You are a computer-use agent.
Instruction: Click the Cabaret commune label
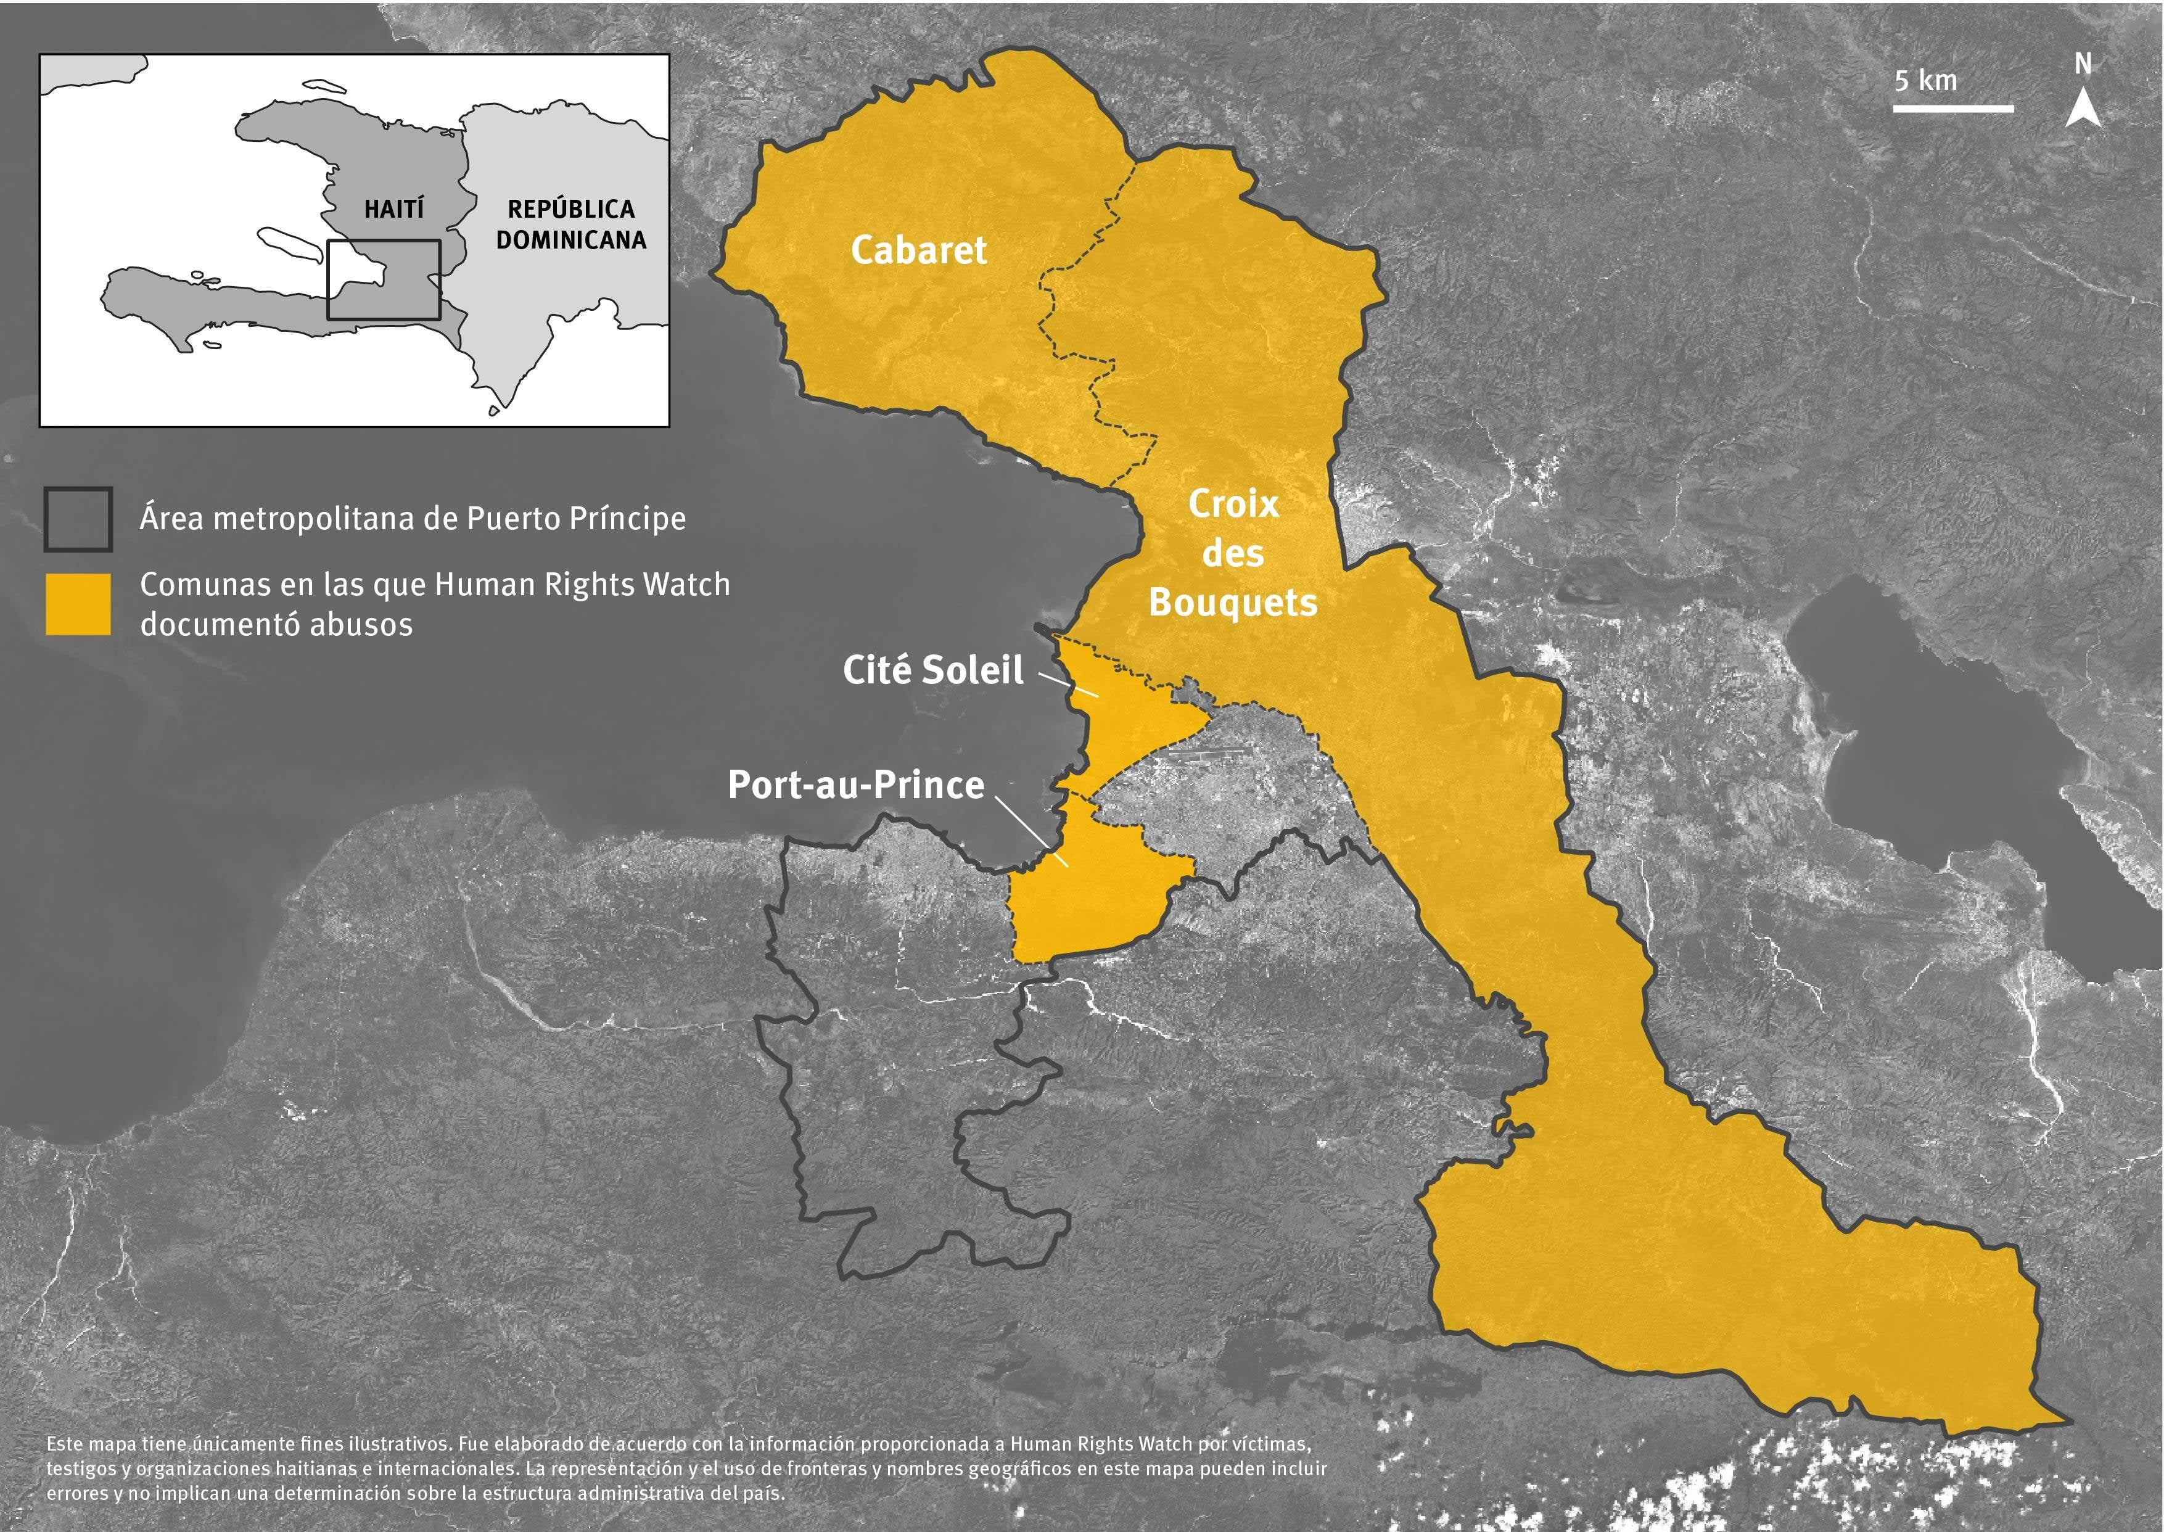coord(918,250)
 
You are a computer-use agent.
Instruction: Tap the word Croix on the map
coord(1233,504)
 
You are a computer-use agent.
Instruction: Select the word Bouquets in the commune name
coord(1233,603)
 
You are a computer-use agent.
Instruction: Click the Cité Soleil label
coord(932,670)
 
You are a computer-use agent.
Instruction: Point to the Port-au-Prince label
coord(855,785)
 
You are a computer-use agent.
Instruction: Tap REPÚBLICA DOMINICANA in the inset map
coord(570,224)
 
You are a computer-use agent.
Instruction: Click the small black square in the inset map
coord(383,279)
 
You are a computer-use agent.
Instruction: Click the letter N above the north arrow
coord(2083,64)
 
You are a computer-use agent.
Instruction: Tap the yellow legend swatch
coord(78,604)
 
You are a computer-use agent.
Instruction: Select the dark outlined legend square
coord(78,519)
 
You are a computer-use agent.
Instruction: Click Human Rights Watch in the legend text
coord(582,585)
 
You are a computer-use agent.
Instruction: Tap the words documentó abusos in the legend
coord(276,625)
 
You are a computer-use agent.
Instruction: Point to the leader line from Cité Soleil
coord(1068,685)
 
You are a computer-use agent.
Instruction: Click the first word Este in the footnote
coord(65,1444)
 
